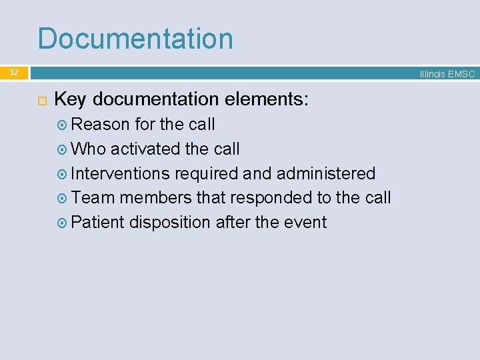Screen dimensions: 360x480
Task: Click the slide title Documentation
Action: tap(135, 39)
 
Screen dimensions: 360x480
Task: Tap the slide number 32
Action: tap(13, 73)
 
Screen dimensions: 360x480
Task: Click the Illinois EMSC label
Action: tap(447, 74)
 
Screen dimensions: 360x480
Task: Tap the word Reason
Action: tap(100, 125)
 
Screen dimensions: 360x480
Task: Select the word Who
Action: tap(88, 149)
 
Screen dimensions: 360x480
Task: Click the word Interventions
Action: tap(120, 174)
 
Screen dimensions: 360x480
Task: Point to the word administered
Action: tap(326, 174)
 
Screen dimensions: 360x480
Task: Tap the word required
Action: tap(206, 174)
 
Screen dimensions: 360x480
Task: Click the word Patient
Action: tap(97, 222)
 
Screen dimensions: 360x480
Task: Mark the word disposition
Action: tap(170, 223)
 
